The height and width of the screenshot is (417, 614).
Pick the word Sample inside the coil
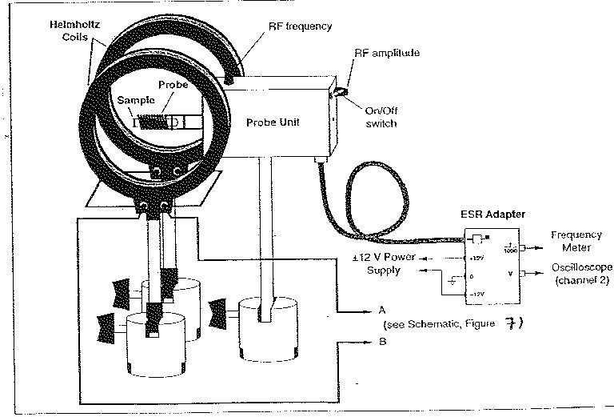[133, 101]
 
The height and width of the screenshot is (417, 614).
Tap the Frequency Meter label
[576, 240]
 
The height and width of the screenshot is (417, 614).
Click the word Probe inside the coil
[172, 85]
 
